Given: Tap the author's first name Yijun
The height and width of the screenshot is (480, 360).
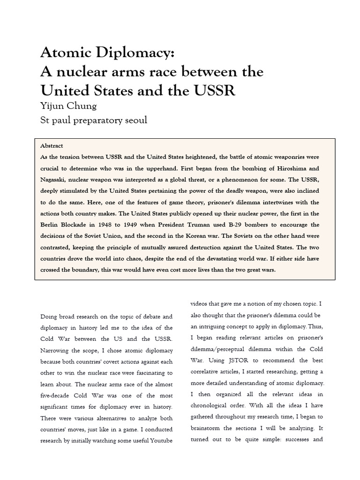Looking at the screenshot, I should click(53, 106).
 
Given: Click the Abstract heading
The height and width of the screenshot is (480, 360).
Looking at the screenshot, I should click(52, 146).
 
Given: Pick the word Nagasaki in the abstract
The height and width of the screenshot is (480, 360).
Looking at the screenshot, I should click(55, 180).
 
